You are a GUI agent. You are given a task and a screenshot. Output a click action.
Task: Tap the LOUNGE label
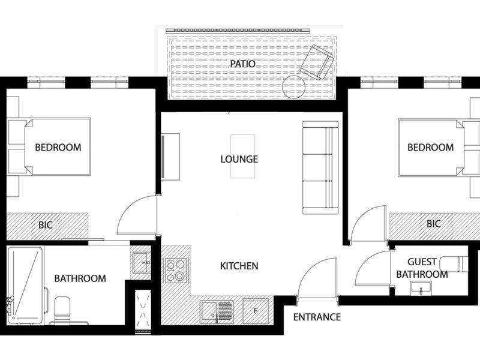pyautogui.click(x=239, y=159)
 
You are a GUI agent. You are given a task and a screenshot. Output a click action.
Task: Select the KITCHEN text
pyautogui.click(x=239, y=265)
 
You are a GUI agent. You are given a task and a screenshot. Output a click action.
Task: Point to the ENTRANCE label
pyautogui.click(x=317, y=317)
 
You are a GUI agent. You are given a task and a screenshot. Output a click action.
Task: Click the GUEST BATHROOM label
pyautogui.click(x=427, y=268)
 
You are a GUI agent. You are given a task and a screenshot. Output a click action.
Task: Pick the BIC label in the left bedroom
pyautogui.click(x=46, y=226)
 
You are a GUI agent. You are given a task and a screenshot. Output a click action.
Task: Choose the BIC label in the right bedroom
pyautogui.click(x=433, y=224)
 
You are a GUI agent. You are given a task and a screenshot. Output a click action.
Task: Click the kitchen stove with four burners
pyautogui.click(x=175, y=269)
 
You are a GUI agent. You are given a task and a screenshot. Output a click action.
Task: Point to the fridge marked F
pyautogui.click(x=256, y=310)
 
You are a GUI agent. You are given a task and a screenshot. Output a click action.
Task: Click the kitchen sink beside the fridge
pyautogui.click(x=217, y=311)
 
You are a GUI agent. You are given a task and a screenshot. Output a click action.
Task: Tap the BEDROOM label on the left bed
pyautogui.click(x=58, y=147)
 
